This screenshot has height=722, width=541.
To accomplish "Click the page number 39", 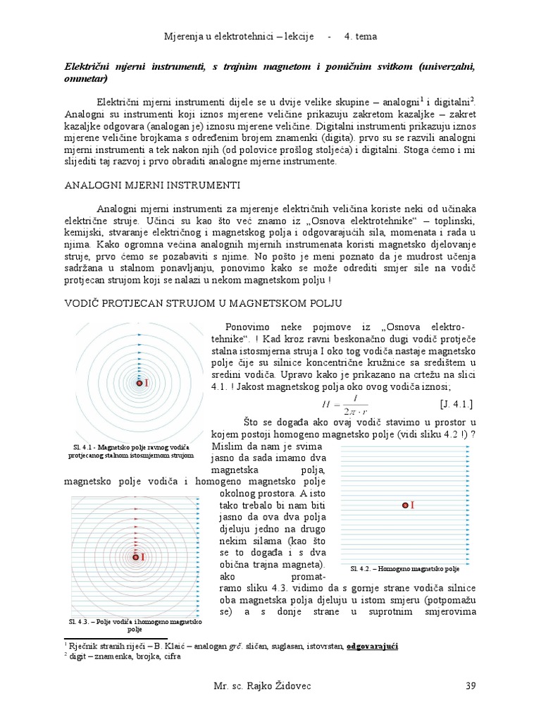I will click(x=473, y=685).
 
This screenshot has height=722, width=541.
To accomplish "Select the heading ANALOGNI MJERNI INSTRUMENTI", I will click(x=152, y=185).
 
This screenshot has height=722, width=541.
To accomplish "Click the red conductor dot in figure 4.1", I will click(x=139, y=384).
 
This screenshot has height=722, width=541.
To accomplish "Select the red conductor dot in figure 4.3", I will click(x=136, y=557).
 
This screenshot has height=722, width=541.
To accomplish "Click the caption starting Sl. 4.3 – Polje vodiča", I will click(x=134, y=625).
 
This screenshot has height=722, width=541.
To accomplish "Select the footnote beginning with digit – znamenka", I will click(x=123, y=656).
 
